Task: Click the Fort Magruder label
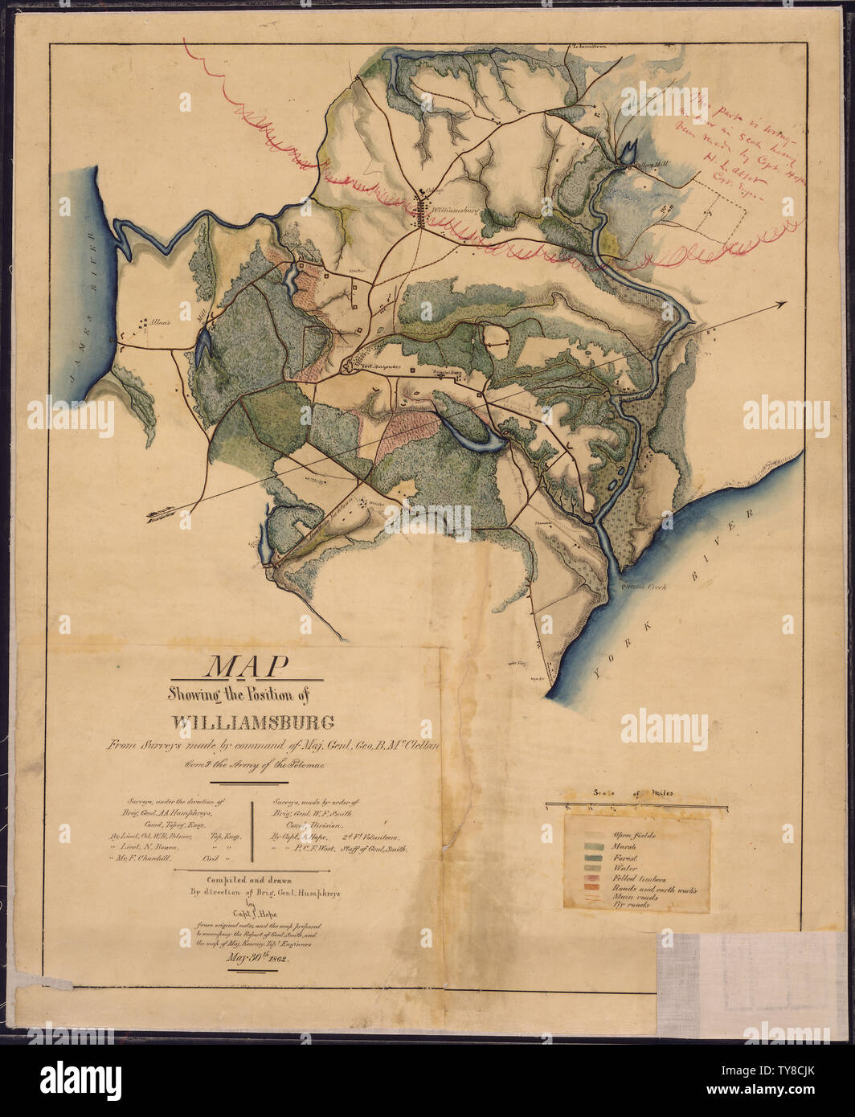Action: (376, 366)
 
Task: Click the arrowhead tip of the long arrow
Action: (785, 304)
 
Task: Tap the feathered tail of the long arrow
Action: (157, 517)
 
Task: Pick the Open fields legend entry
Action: (634, 835)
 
